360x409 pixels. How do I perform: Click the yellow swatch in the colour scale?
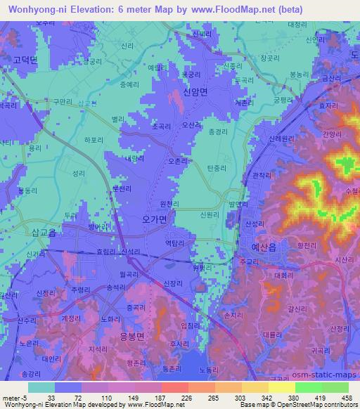click(x=281, y=387)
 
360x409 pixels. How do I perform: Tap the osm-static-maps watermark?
click(x=320, y=377)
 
